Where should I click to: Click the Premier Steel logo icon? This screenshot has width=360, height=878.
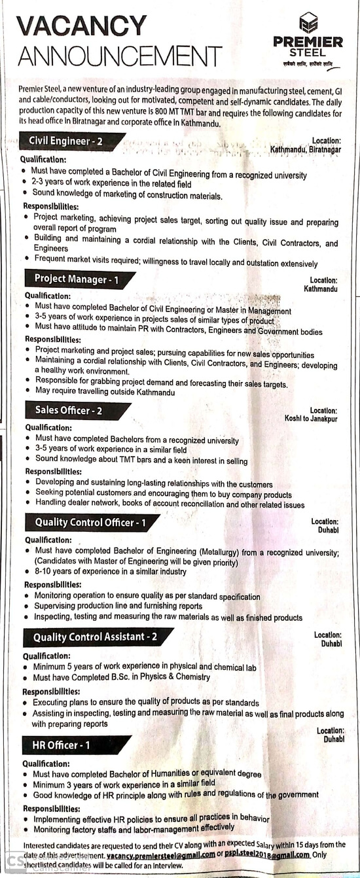click(308, 23)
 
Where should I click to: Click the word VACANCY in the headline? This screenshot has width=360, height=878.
click(82, 26)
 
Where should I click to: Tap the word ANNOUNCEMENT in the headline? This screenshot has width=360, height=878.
click(120, 56)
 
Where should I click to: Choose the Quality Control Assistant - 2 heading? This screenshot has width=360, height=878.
click(95, 637)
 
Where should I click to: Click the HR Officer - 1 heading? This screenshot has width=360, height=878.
click(61, 745)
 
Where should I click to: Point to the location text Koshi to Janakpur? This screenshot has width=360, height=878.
click(311, 419)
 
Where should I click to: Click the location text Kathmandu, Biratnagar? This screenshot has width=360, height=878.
click(305, 149)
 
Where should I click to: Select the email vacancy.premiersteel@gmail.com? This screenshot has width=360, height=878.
click(160, 855)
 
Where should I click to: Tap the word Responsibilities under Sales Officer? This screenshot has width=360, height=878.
click(53, 471)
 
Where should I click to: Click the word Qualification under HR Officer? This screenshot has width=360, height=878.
click(47, 764)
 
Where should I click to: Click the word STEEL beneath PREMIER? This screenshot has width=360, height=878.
click(308, 52)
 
